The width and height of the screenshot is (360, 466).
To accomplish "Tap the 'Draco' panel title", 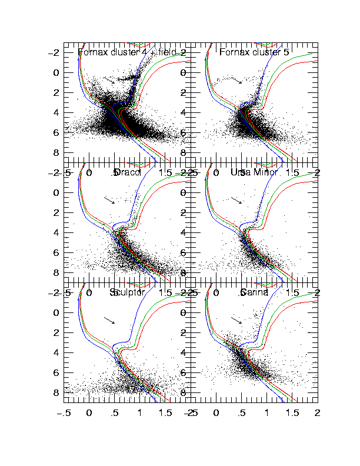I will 124,172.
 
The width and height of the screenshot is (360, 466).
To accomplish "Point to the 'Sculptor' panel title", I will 127,292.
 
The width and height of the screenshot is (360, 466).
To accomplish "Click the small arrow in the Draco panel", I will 109,200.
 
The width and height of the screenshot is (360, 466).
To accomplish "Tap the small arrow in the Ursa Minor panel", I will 236,200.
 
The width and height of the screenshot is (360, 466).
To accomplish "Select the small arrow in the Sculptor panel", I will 109,320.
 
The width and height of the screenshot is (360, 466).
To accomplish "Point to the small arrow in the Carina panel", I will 236,320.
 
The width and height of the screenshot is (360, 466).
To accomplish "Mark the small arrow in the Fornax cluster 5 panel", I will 236,80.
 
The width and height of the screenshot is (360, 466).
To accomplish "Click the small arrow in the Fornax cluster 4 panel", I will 109,80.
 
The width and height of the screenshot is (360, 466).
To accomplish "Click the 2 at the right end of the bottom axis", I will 318,414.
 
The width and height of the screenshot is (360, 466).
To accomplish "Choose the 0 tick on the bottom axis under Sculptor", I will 89,414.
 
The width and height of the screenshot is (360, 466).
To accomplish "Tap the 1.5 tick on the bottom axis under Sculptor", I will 166,414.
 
